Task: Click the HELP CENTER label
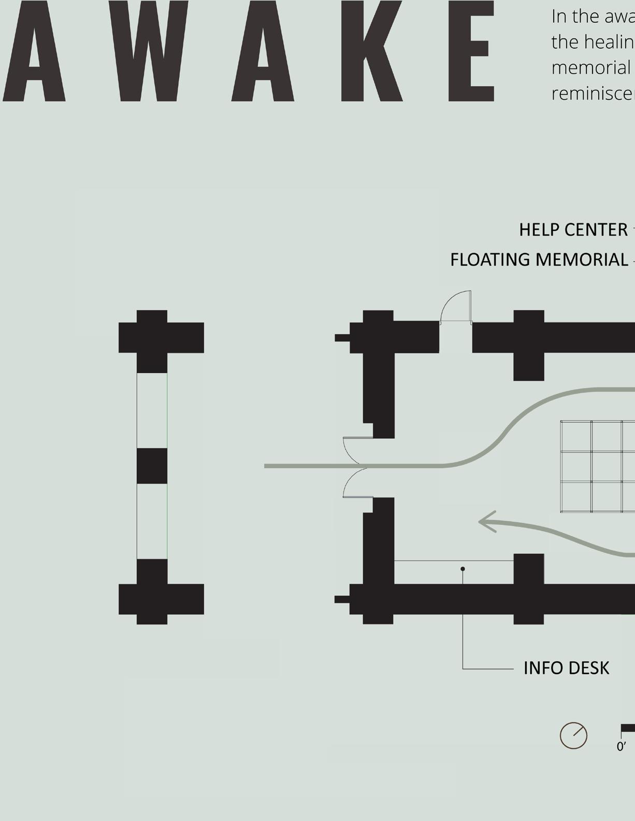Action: tap(573, 230)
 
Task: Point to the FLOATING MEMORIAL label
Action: tap(539, 260)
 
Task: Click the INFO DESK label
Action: tap(566, 668)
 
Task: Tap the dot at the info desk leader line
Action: tap(463, 569)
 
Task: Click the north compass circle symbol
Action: tap(573, 735)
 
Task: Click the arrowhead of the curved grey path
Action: tap(487, 522)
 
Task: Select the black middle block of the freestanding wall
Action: tap(152, 466)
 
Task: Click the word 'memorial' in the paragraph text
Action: tap(590, 67)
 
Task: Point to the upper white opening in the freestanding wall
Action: tap(152, 410)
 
